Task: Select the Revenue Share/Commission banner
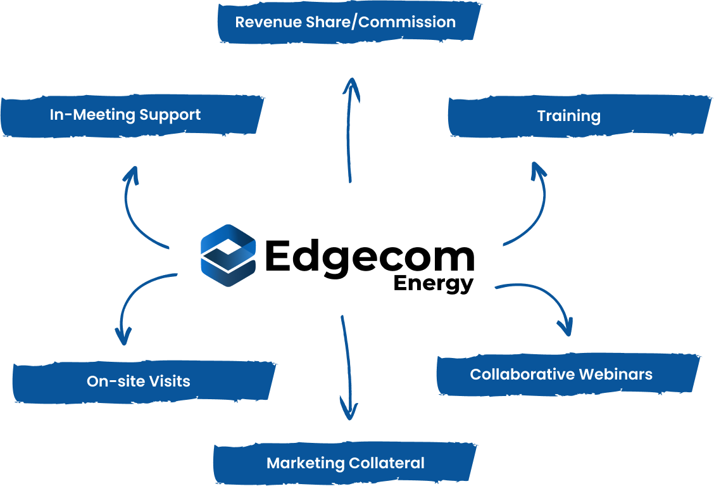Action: [346, 22]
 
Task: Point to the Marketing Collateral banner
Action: [345, 463]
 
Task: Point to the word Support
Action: [170, 115]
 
